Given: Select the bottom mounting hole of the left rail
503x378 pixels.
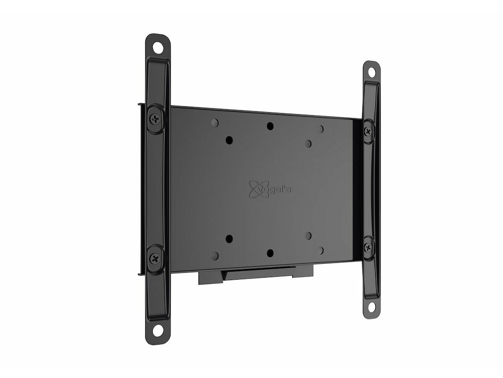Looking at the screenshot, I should [157, 327].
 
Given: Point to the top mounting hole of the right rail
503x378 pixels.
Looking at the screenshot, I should [371, 73].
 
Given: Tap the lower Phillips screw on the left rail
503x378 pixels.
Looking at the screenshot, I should [156, 256].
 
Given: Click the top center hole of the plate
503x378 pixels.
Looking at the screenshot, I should [270, 126].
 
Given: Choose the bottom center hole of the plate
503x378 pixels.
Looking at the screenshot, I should [270, 253].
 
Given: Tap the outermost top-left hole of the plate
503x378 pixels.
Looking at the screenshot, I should [215, 123].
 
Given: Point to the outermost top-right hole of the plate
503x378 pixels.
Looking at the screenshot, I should [321, 129].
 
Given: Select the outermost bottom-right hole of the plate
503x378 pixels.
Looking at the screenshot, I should [321, 250].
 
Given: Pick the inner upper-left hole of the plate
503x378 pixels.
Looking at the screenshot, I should [229, 140].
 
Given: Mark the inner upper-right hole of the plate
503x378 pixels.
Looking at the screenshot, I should [308, 143].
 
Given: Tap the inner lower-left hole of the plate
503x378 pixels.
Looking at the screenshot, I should [229, 239].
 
